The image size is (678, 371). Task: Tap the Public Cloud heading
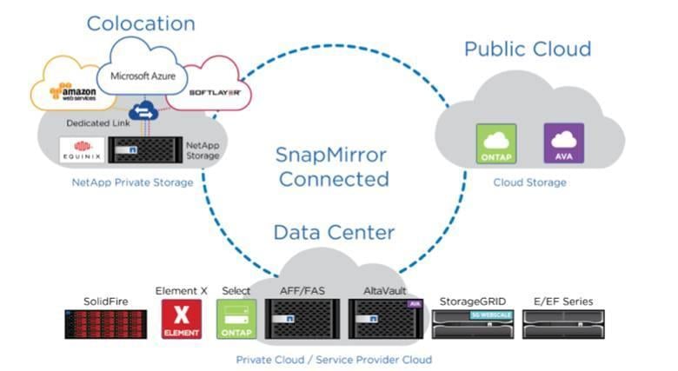(x=527, y=48)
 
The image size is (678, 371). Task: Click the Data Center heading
(x=334, y=232)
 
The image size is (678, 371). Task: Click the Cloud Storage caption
(x=529, y=182)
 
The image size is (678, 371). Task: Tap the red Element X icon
(x=182, y=320)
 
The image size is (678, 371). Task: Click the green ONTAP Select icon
(x=237, y=320)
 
